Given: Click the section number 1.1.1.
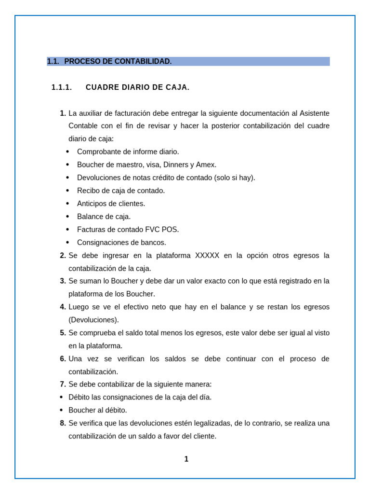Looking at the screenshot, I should pos(62,87).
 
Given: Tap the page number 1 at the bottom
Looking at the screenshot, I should pos(186,459).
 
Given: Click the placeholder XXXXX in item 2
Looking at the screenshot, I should pos(207,256).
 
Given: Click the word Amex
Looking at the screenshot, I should pos(206,165).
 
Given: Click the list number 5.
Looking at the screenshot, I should pos(63,333).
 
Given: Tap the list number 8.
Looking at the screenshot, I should pos(63,423).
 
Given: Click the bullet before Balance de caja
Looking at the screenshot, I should pos(67,217).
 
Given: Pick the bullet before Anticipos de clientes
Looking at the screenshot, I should pos(67,204).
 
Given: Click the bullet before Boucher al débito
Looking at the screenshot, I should pos(61,411).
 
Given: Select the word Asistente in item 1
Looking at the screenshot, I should pos(315,113).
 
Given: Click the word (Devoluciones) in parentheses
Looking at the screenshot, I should pos(93,320).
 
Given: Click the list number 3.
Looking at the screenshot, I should pos(63,281).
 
